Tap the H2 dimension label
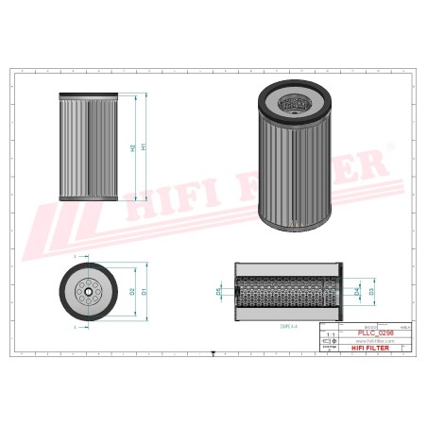[131, 148]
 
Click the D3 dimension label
[371, 292]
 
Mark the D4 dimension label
[356, 292]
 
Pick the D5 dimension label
[218, 292]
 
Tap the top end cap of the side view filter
[87, 96]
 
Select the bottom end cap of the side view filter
[87, 199]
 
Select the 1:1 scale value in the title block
[330, 335]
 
